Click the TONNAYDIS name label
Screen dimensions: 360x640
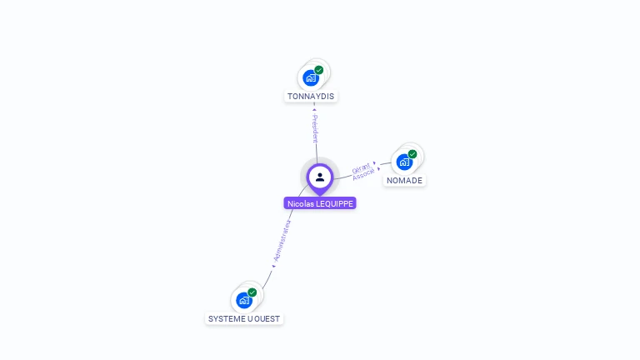pyautogui.click(x=311, y=97)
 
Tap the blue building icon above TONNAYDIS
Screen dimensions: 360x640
pyautogui.click(x=311, y=78)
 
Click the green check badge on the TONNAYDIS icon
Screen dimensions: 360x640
pyautogui.click(x=319, y=70)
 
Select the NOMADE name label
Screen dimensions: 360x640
pyautogui.click(x=405, y=181)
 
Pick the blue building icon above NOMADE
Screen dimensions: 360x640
pyautogui.click(x=404, y=162)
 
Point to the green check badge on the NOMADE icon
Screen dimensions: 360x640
pyautogui.click(x=412, y=154)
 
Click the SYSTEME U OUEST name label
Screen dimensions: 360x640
pyautogui.click(x=244, y=319)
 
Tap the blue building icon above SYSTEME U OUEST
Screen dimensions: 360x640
pyautogui.click(x=244, y=300)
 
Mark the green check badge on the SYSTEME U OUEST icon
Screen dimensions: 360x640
pyautogui.click(x=252, y=292)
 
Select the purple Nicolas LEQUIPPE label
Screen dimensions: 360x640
pyautogui.click(x=320, y=203)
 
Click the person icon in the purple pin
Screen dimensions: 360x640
pyautogui.click(x=320, y=177)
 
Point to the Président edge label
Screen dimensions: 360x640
pyautogui.click(x=315, y=129)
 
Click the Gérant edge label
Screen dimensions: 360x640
pyautogui.click(x=361, y=167)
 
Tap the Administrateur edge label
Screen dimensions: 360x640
pyautogui.click(x=282, y=242)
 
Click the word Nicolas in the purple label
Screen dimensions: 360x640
pyautogui.click(x=300, y=203)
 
